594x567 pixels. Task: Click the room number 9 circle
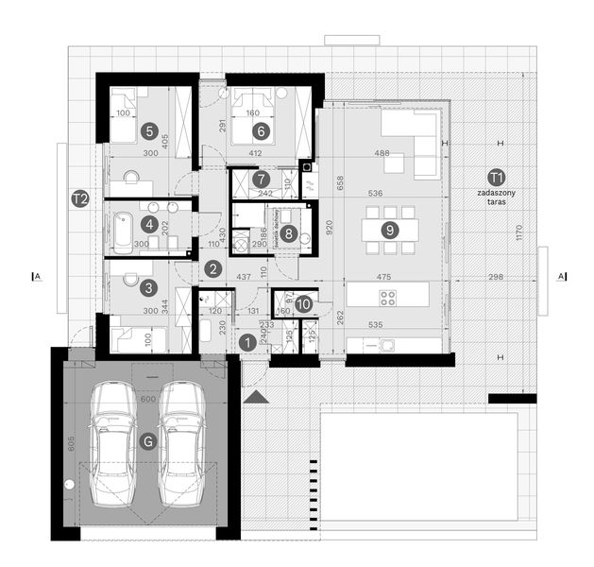click(387, 229)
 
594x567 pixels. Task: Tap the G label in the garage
click(146, 441)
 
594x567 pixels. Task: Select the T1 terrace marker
click(496, 177)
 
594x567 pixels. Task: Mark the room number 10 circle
click(302, 304)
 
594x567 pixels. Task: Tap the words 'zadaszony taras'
click(496, 198)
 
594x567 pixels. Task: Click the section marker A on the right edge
click(562, 276)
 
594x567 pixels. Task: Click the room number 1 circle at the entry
click(247, 343)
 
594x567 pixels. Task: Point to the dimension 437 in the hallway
click(242, 278)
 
